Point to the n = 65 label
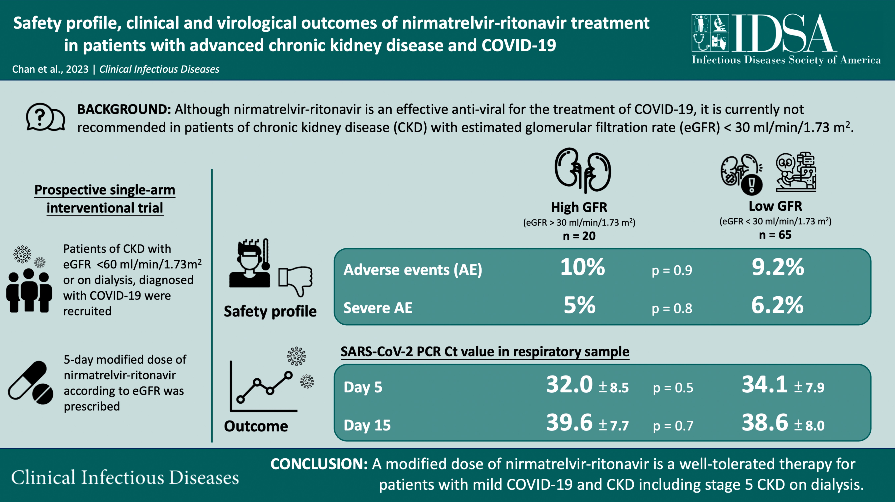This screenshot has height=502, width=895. (x=775, y=235)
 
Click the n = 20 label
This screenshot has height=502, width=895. (x=579, y=236)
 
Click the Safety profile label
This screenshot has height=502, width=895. (x=270, y=311)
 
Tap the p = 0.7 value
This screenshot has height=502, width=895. (x=673, y=426)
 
